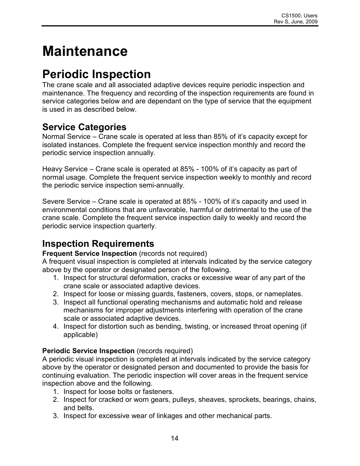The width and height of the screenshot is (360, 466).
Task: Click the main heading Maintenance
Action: click(x=85, y=51)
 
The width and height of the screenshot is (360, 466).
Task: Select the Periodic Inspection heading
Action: click(x=96, y=74)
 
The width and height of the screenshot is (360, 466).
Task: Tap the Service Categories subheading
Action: click(x=84, y=127)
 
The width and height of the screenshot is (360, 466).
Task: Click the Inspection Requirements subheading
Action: click(x=98, y=243)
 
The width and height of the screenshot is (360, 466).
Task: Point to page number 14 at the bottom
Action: click(x=174, y=438)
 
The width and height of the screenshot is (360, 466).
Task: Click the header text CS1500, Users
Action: click(x=299, y=16)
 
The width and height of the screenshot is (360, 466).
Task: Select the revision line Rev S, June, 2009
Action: click(x=295, y=22)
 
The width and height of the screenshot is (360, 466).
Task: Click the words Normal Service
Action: click(x=66, y=137)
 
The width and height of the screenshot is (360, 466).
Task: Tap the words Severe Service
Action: click(x=66, y=201)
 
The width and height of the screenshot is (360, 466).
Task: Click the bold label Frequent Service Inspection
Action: click(x=89, y=254)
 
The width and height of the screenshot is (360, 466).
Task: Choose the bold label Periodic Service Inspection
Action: click(x=88, y=351)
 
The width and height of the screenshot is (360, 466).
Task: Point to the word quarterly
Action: click(x=142, y=226)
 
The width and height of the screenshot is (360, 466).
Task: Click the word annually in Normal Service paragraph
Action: click(x=142, y=153)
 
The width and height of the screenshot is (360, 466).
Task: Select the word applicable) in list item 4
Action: click(x=80, y=335)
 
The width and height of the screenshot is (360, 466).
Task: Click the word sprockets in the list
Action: click(x=246, y=400)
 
